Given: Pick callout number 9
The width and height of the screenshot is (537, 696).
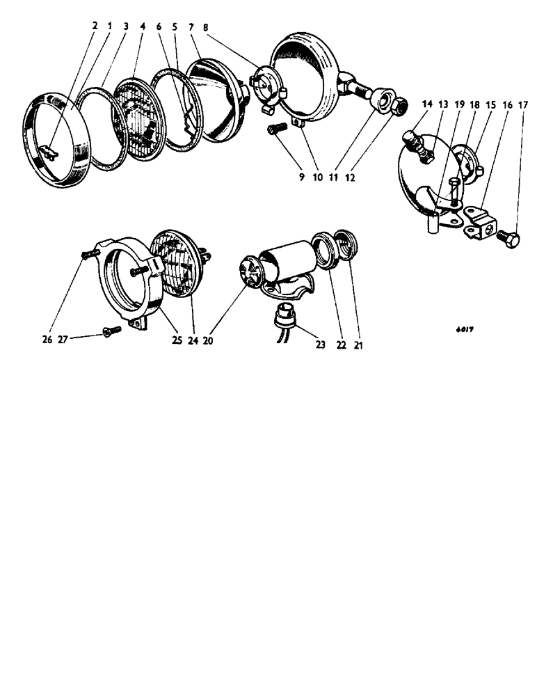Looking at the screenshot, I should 301,177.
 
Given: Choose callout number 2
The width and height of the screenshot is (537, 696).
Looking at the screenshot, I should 95,26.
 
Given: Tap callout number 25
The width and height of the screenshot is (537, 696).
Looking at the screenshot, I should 177,341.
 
